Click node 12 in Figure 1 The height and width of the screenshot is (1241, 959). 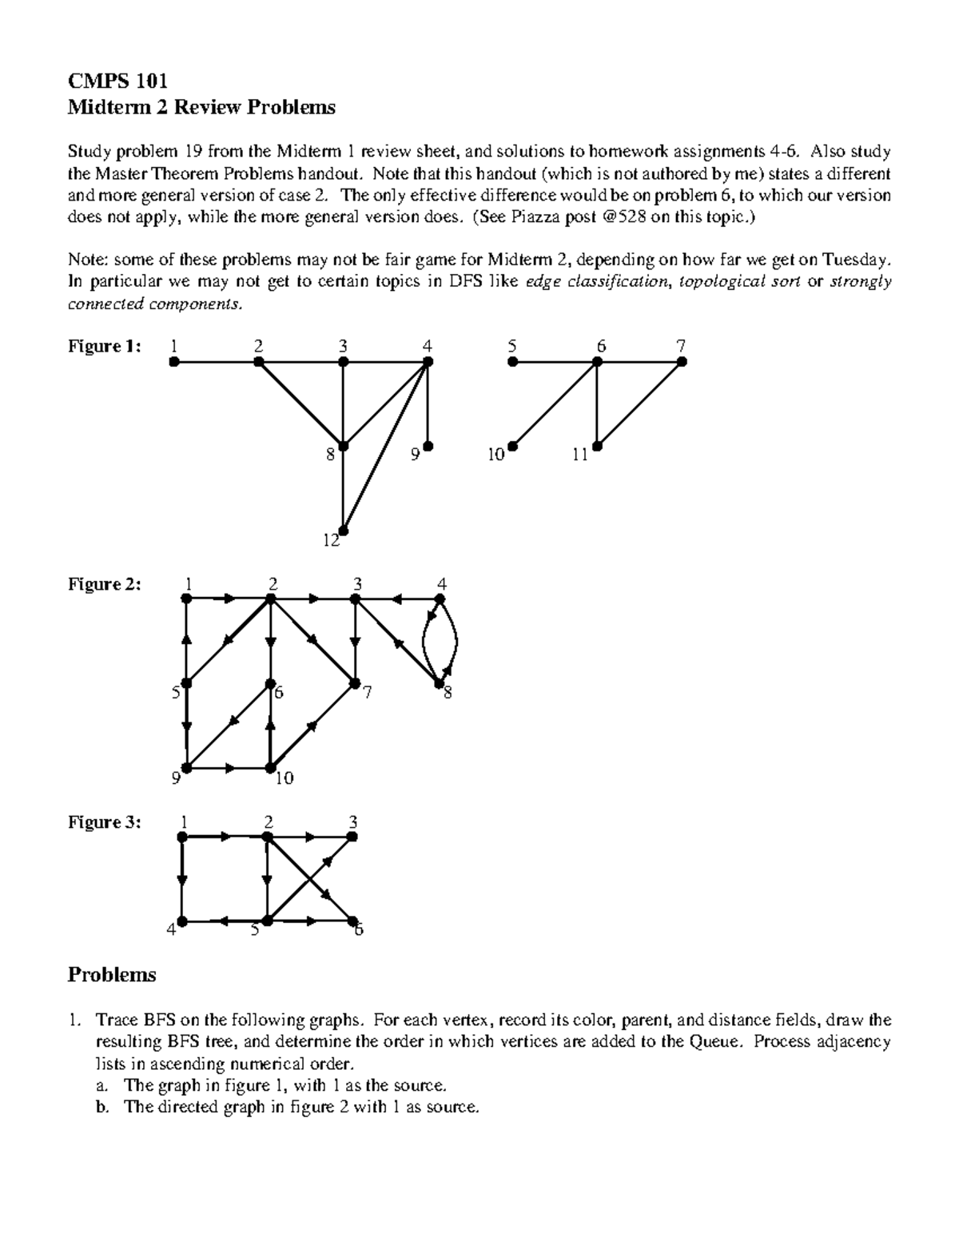coord(344,530)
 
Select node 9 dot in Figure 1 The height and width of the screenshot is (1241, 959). coord(428,446)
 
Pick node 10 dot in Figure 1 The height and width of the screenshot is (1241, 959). coord(512,447)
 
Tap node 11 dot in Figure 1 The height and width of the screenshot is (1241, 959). coord(597,447)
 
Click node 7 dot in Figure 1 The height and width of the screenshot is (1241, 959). coord(682,362)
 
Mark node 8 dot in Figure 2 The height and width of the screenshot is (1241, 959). coord(439,683)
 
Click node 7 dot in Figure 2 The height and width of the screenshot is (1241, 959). coord(354,683)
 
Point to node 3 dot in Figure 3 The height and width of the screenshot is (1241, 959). coord(352,837)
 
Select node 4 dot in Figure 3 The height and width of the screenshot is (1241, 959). coord(182,921)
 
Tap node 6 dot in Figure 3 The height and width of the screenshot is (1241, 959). coord(352,921)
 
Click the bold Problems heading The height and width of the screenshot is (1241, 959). coord(112,975)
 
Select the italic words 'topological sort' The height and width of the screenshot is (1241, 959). coord(738,282)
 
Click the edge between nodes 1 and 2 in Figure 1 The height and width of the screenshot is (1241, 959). coord(216,362)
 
